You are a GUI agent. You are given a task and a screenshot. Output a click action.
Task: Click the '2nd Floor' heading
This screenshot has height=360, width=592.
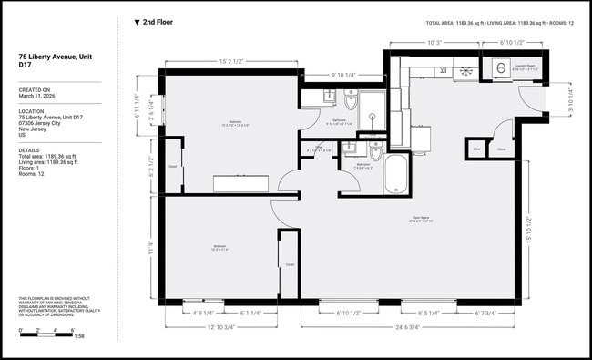point(157,22)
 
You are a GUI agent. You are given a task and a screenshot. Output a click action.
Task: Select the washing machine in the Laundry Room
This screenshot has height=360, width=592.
point(499,67)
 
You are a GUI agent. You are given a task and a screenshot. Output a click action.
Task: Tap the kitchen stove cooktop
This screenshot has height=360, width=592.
point(464,69)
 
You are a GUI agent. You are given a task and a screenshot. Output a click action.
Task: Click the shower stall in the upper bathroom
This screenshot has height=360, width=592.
point(371,106)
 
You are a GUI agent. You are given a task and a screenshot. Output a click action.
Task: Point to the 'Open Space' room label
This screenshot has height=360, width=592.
point(421,217)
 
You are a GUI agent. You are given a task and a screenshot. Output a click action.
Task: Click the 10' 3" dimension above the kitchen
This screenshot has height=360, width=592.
point(435,42)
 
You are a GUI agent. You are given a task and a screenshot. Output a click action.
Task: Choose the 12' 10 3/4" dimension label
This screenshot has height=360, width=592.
point(221,325)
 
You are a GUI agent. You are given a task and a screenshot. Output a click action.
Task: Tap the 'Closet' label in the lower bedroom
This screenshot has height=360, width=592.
point(290,264)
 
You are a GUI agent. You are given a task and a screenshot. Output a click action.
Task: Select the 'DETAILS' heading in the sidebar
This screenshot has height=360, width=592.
point(29,150)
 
